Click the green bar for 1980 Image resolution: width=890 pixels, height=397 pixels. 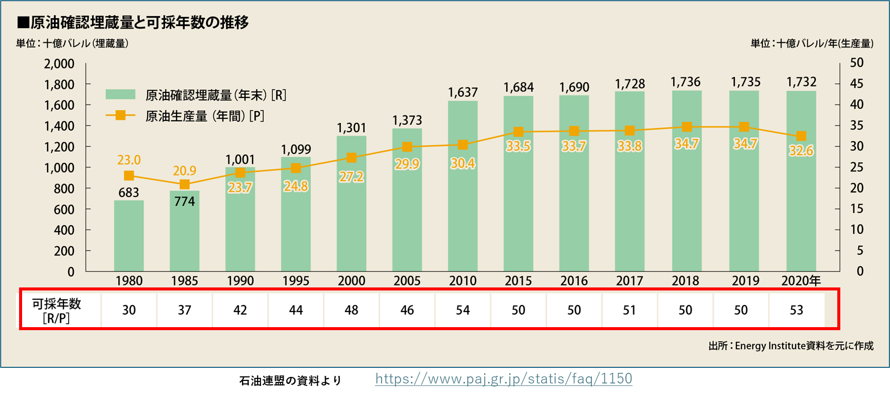129,236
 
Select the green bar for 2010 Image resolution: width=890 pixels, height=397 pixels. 463,211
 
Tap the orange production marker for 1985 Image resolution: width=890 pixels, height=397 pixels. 185,184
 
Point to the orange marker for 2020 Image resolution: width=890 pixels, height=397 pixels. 801,136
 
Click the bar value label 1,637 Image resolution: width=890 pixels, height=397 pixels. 463,92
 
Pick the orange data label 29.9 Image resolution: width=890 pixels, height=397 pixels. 407,164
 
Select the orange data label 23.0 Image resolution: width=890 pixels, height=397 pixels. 129,160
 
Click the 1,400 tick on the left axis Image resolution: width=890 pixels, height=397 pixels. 59,126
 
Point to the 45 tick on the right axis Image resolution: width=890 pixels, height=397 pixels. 856,84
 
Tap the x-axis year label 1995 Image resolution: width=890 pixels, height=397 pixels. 296,281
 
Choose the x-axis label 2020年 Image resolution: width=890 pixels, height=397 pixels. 801,281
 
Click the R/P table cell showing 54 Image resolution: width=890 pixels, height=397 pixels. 463,310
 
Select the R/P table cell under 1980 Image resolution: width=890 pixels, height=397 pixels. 129,310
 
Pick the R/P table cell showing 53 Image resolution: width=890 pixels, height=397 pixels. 797,310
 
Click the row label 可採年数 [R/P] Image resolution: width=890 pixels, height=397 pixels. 56,311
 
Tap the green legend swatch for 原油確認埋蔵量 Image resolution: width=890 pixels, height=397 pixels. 120,94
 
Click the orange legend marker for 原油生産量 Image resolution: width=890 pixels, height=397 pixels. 120,116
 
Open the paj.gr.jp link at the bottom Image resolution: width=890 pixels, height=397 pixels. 503,378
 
